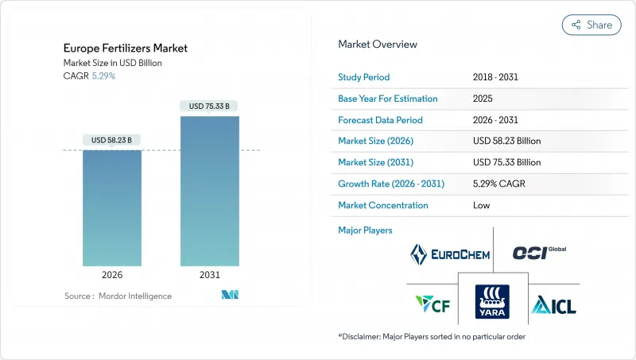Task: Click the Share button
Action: tap(591, 25)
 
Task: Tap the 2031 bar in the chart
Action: tap(209, 191)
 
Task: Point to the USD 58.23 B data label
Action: tap(112, 140)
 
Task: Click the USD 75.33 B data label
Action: tap(209, 106)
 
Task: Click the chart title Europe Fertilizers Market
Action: tap(125, 48)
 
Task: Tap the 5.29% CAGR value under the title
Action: tap(103, 75)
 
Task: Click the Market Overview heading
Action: tap(378, 45)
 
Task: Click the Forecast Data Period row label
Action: tap(380, 120)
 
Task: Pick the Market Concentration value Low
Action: tap(482, 205)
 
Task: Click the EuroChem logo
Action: tap(449, 254)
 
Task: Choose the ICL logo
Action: tap(553, 304)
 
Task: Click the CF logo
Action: tap(432, 304)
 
